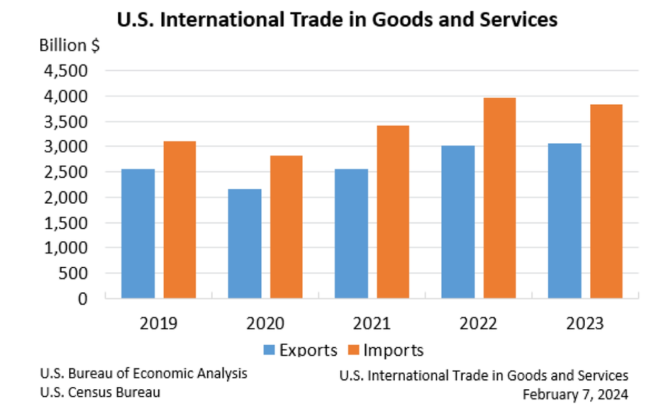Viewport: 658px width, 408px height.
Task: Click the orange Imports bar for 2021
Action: pos(393,212)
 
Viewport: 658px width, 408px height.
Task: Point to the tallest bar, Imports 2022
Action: pos(500,198)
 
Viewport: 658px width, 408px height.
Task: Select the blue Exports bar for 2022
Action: pos(457,222)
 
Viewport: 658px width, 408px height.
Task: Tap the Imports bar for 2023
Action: pos(606,201)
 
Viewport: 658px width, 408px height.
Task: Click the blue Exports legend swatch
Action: pos(269,350)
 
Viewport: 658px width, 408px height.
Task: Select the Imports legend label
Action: pos(393,350)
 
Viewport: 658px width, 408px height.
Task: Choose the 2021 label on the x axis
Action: pos(372,324)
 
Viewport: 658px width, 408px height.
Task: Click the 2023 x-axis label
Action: pos(585,324)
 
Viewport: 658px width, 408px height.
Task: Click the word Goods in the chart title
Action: pos(381,19)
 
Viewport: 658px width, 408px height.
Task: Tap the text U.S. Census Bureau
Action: pos(101,393)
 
